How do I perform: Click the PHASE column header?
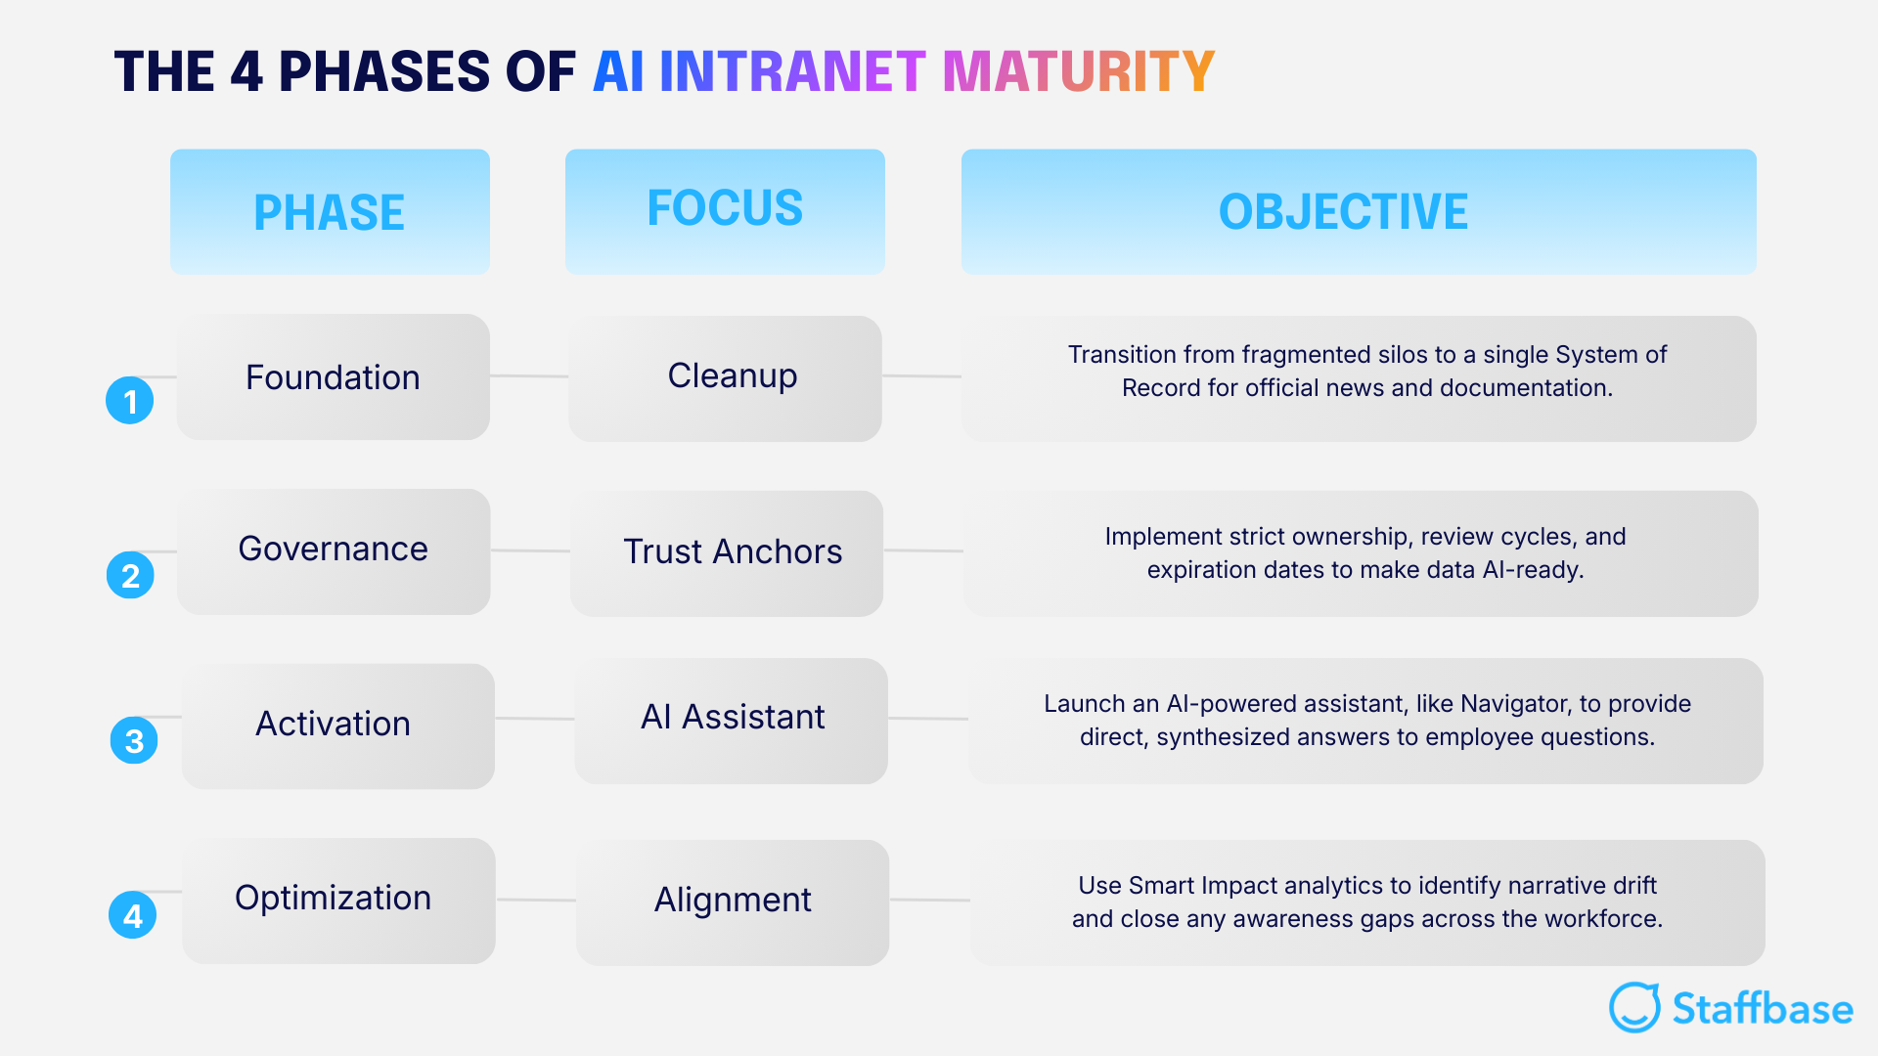330,211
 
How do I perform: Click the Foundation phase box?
333,377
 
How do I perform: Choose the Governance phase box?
334,550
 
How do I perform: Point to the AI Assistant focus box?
731,720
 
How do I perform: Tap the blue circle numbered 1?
130,401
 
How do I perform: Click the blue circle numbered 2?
130,576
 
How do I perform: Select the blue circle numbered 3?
134,741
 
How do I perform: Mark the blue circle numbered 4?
133,915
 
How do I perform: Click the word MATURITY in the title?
1078,71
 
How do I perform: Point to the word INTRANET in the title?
792,71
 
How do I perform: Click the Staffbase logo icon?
1634,1008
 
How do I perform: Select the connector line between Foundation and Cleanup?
528,375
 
